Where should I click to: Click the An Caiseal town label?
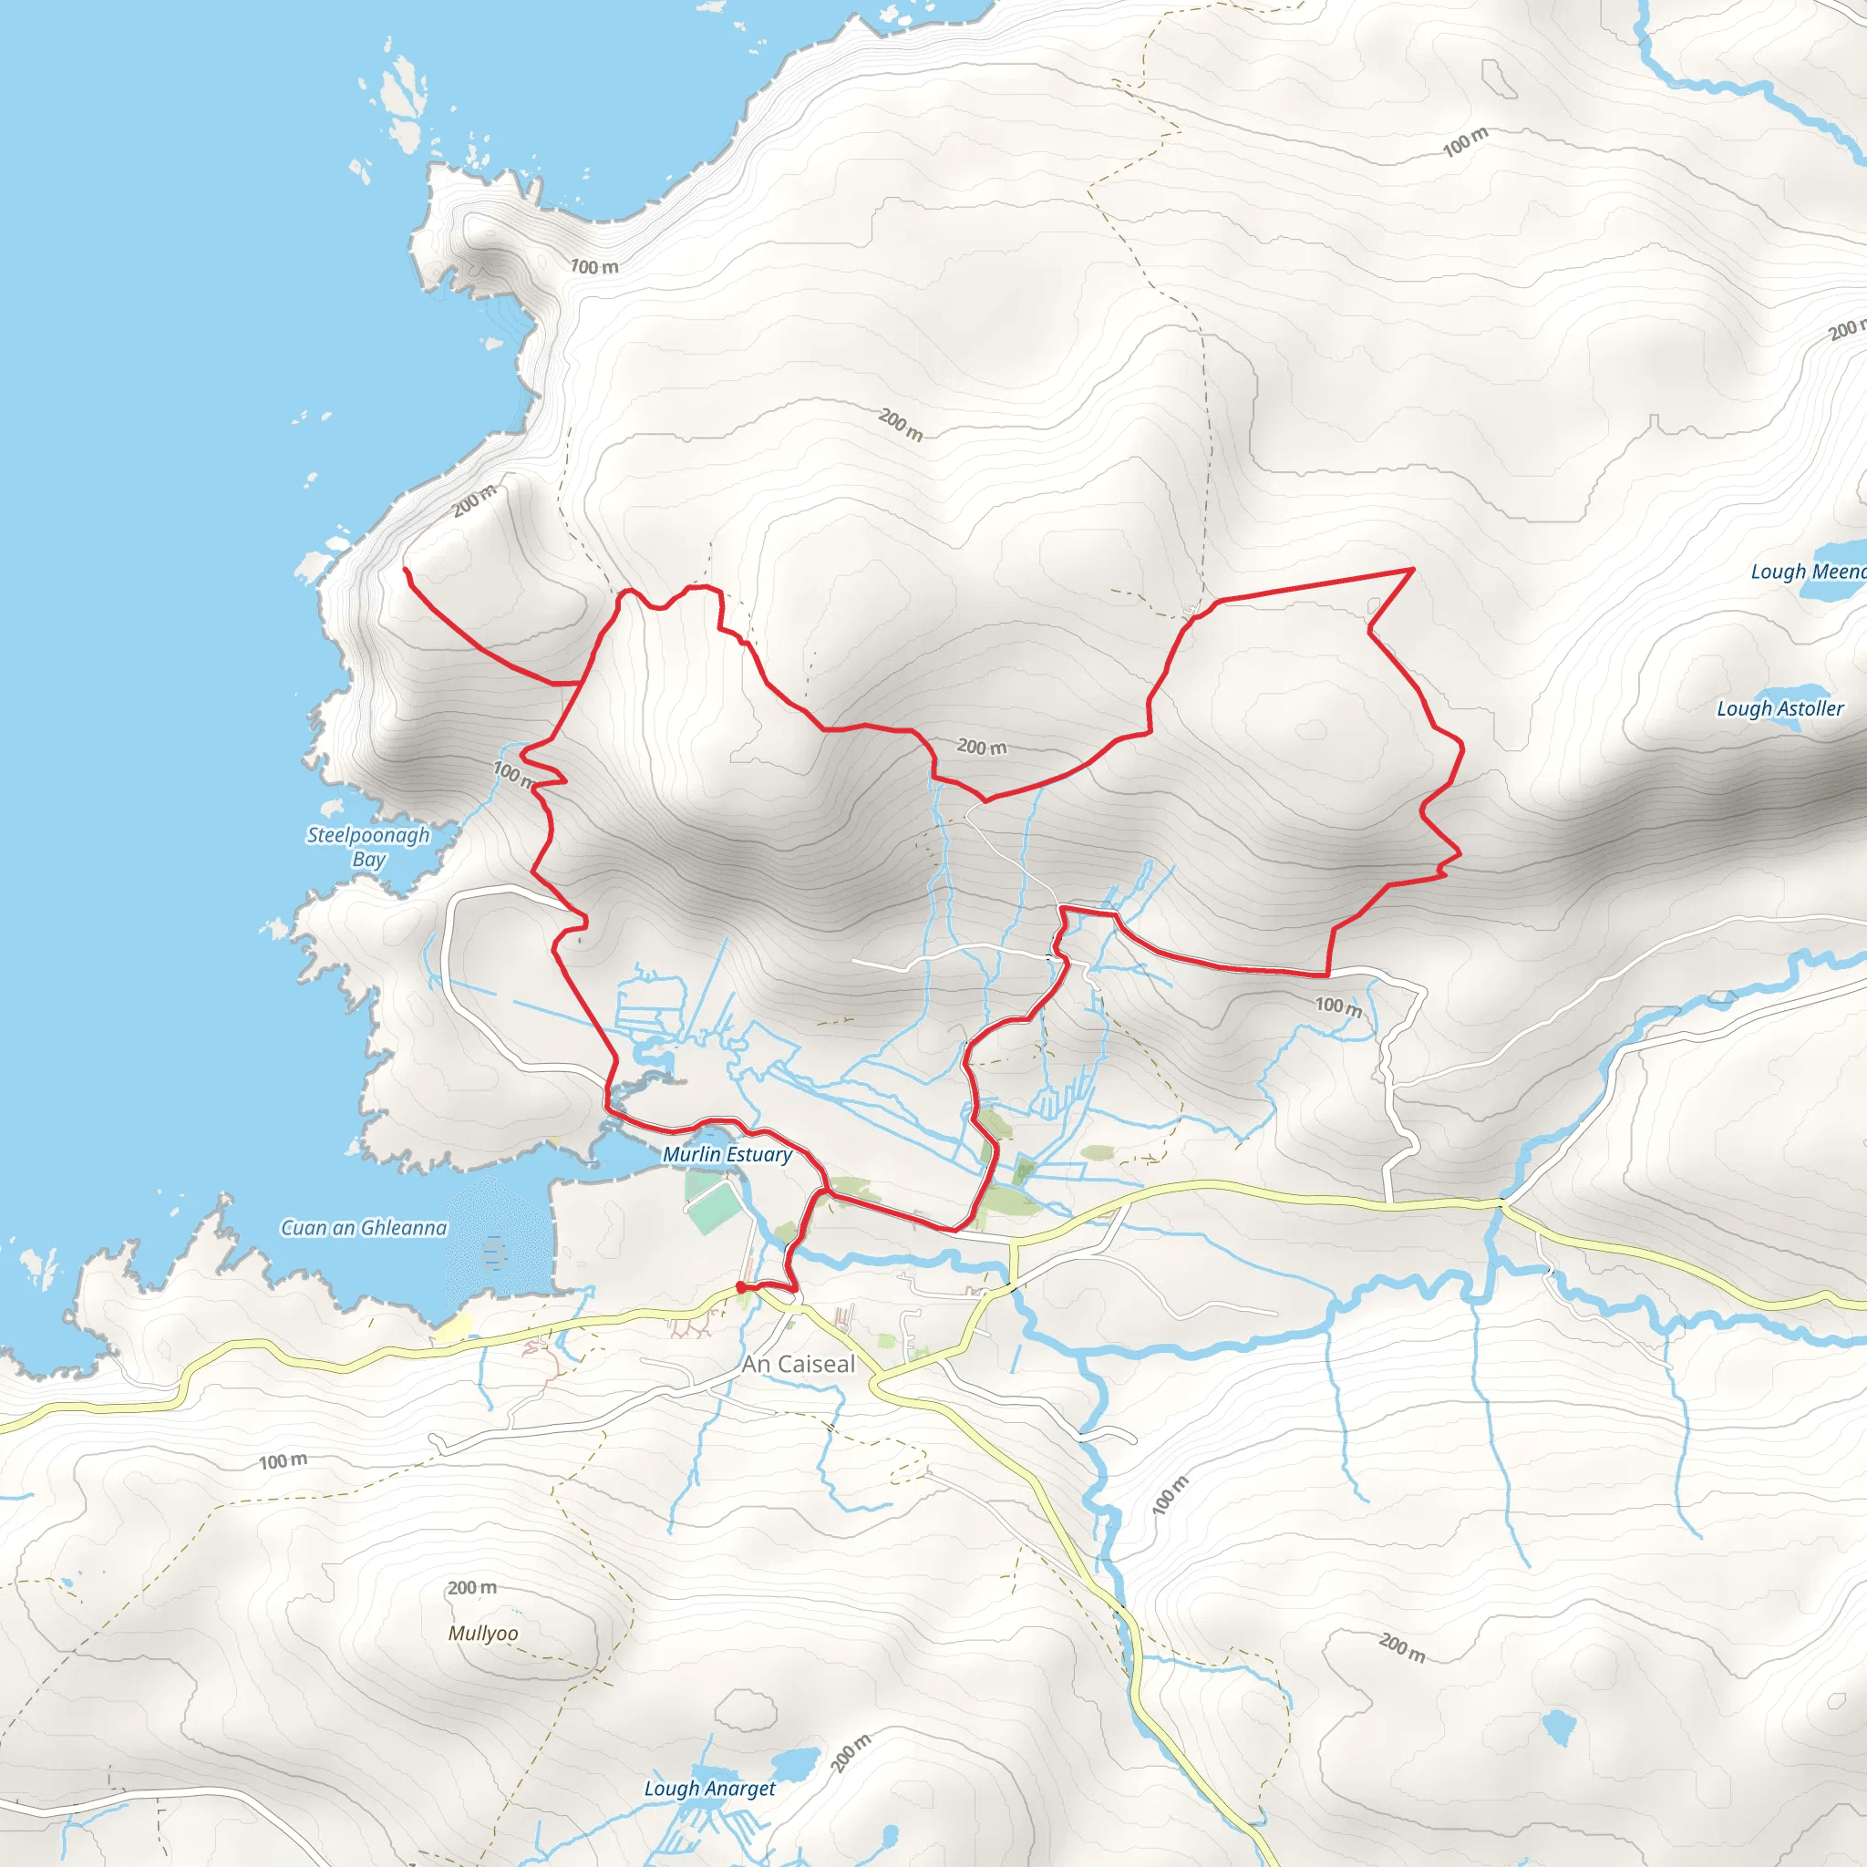coord(799,1364)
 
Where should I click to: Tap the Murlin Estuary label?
coord(727,1154)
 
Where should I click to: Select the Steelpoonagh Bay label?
coord(368,847)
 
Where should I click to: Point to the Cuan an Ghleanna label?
coord(364,1227)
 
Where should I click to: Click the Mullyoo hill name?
coord(483,1633)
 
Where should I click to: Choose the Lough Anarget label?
coord(709,1788)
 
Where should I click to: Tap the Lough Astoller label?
coord(1779,708)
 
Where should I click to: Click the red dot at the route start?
coord(740,1286)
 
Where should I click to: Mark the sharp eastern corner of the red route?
coord(1413,569)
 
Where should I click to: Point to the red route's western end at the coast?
coord(405,569)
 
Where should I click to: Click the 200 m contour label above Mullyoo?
coord(471,1587)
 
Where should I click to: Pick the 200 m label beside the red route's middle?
coord(981,746)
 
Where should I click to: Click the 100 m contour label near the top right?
coord(1465,142)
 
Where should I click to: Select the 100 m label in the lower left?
coord(284,1461)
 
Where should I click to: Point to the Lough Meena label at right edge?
coord(1807,571)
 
